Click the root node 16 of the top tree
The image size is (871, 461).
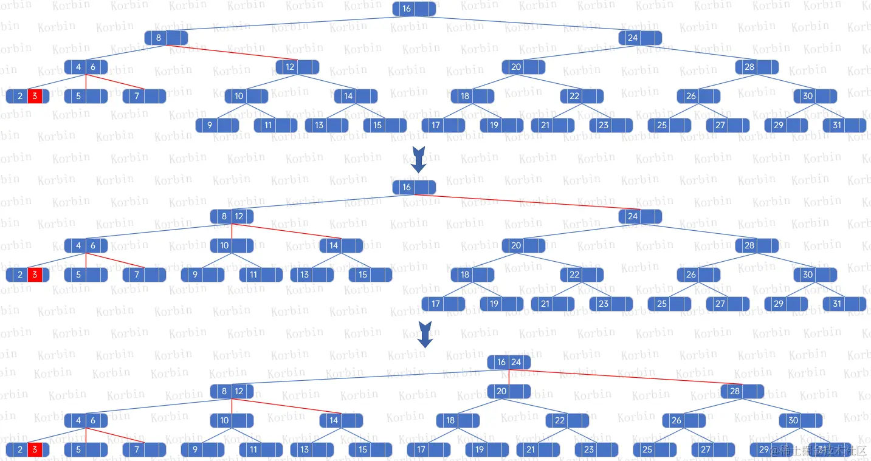pos(414,9)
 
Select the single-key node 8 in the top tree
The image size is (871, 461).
pos(166,38)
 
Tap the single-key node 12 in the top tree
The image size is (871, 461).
pos(297,67)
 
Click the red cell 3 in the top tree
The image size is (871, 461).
pos(35,96)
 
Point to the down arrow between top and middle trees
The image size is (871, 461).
pos(418,159)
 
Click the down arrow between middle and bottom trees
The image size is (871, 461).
pos(425,334)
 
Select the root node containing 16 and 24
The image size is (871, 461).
pos(509,362)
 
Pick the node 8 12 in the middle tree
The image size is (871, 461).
pos(232,216)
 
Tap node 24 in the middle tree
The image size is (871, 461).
pos(640,216)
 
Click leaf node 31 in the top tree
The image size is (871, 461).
pos(844,125)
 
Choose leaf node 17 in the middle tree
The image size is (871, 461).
pos(443,304)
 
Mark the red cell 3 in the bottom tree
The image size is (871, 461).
pos(35,449)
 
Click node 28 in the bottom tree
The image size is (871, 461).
pos(742,391)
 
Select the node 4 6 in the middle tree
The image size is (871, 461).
pos(86,245)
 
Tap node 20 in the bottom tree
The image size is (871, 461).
pos(509,391)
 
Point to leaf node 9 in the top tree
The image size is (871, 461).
pos(217,125)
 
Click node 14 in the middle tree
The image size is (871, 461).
pos(341,245)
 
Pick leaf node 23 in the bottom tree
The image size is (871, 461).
pos(596,449)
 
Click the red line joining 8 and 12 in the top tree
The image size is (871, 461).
pos(231,52)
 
